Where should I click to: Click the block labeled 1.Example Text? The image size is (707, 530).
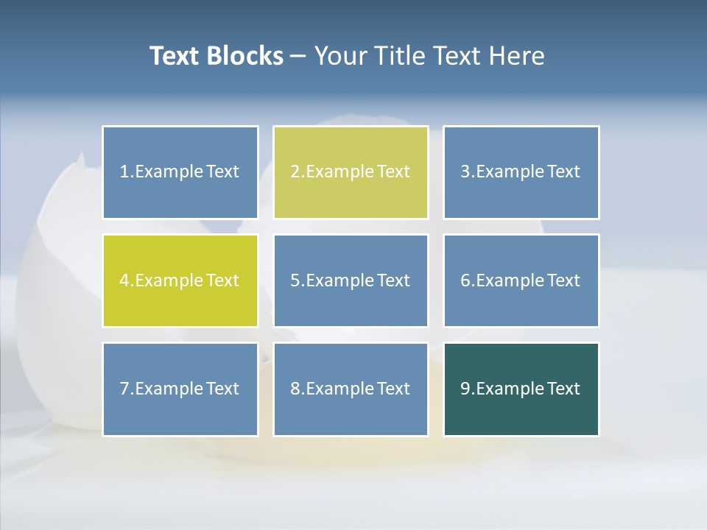click(180, 172)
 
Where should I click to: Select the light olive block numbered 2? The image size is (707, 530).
click(351, 172)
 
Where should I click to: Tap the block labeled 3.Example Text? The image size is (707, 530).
click(521, 172)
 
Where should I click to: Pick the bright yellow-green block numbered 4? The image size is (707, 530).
click(180, 280)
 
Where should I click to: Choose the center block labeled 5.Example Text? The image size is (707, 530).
click(351, 280)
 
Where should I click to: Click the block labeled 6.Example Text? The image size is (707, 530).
click(521, 280)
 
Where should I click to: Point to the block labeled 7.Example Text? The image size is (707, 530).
click(180, 389)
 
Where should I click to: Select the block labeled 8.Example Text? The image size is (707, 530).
click(351, 389)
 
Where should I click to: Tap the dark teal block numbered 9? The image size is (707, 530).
click(521, 389)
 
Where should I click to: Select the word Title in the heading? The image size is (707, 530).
click(398, 56)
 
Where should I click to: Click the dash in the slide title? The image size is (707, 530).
click(298, 57)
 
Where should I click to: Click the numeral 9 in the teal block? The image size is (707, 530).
click(465, 389)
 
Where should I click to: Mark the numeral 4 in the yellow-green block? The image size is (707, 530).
click(124, 280)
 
